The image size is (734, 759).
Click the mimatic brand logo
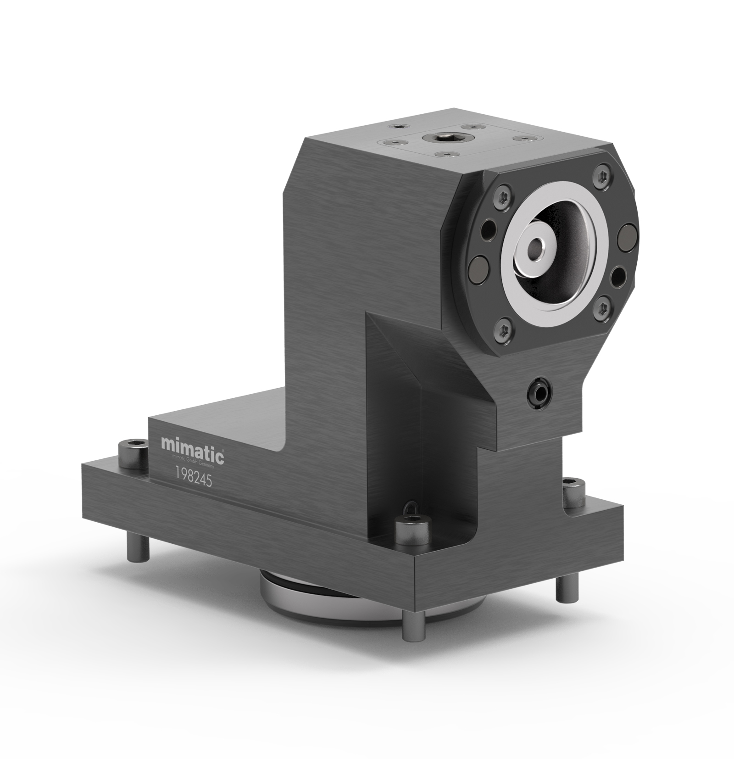(192, 444)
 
